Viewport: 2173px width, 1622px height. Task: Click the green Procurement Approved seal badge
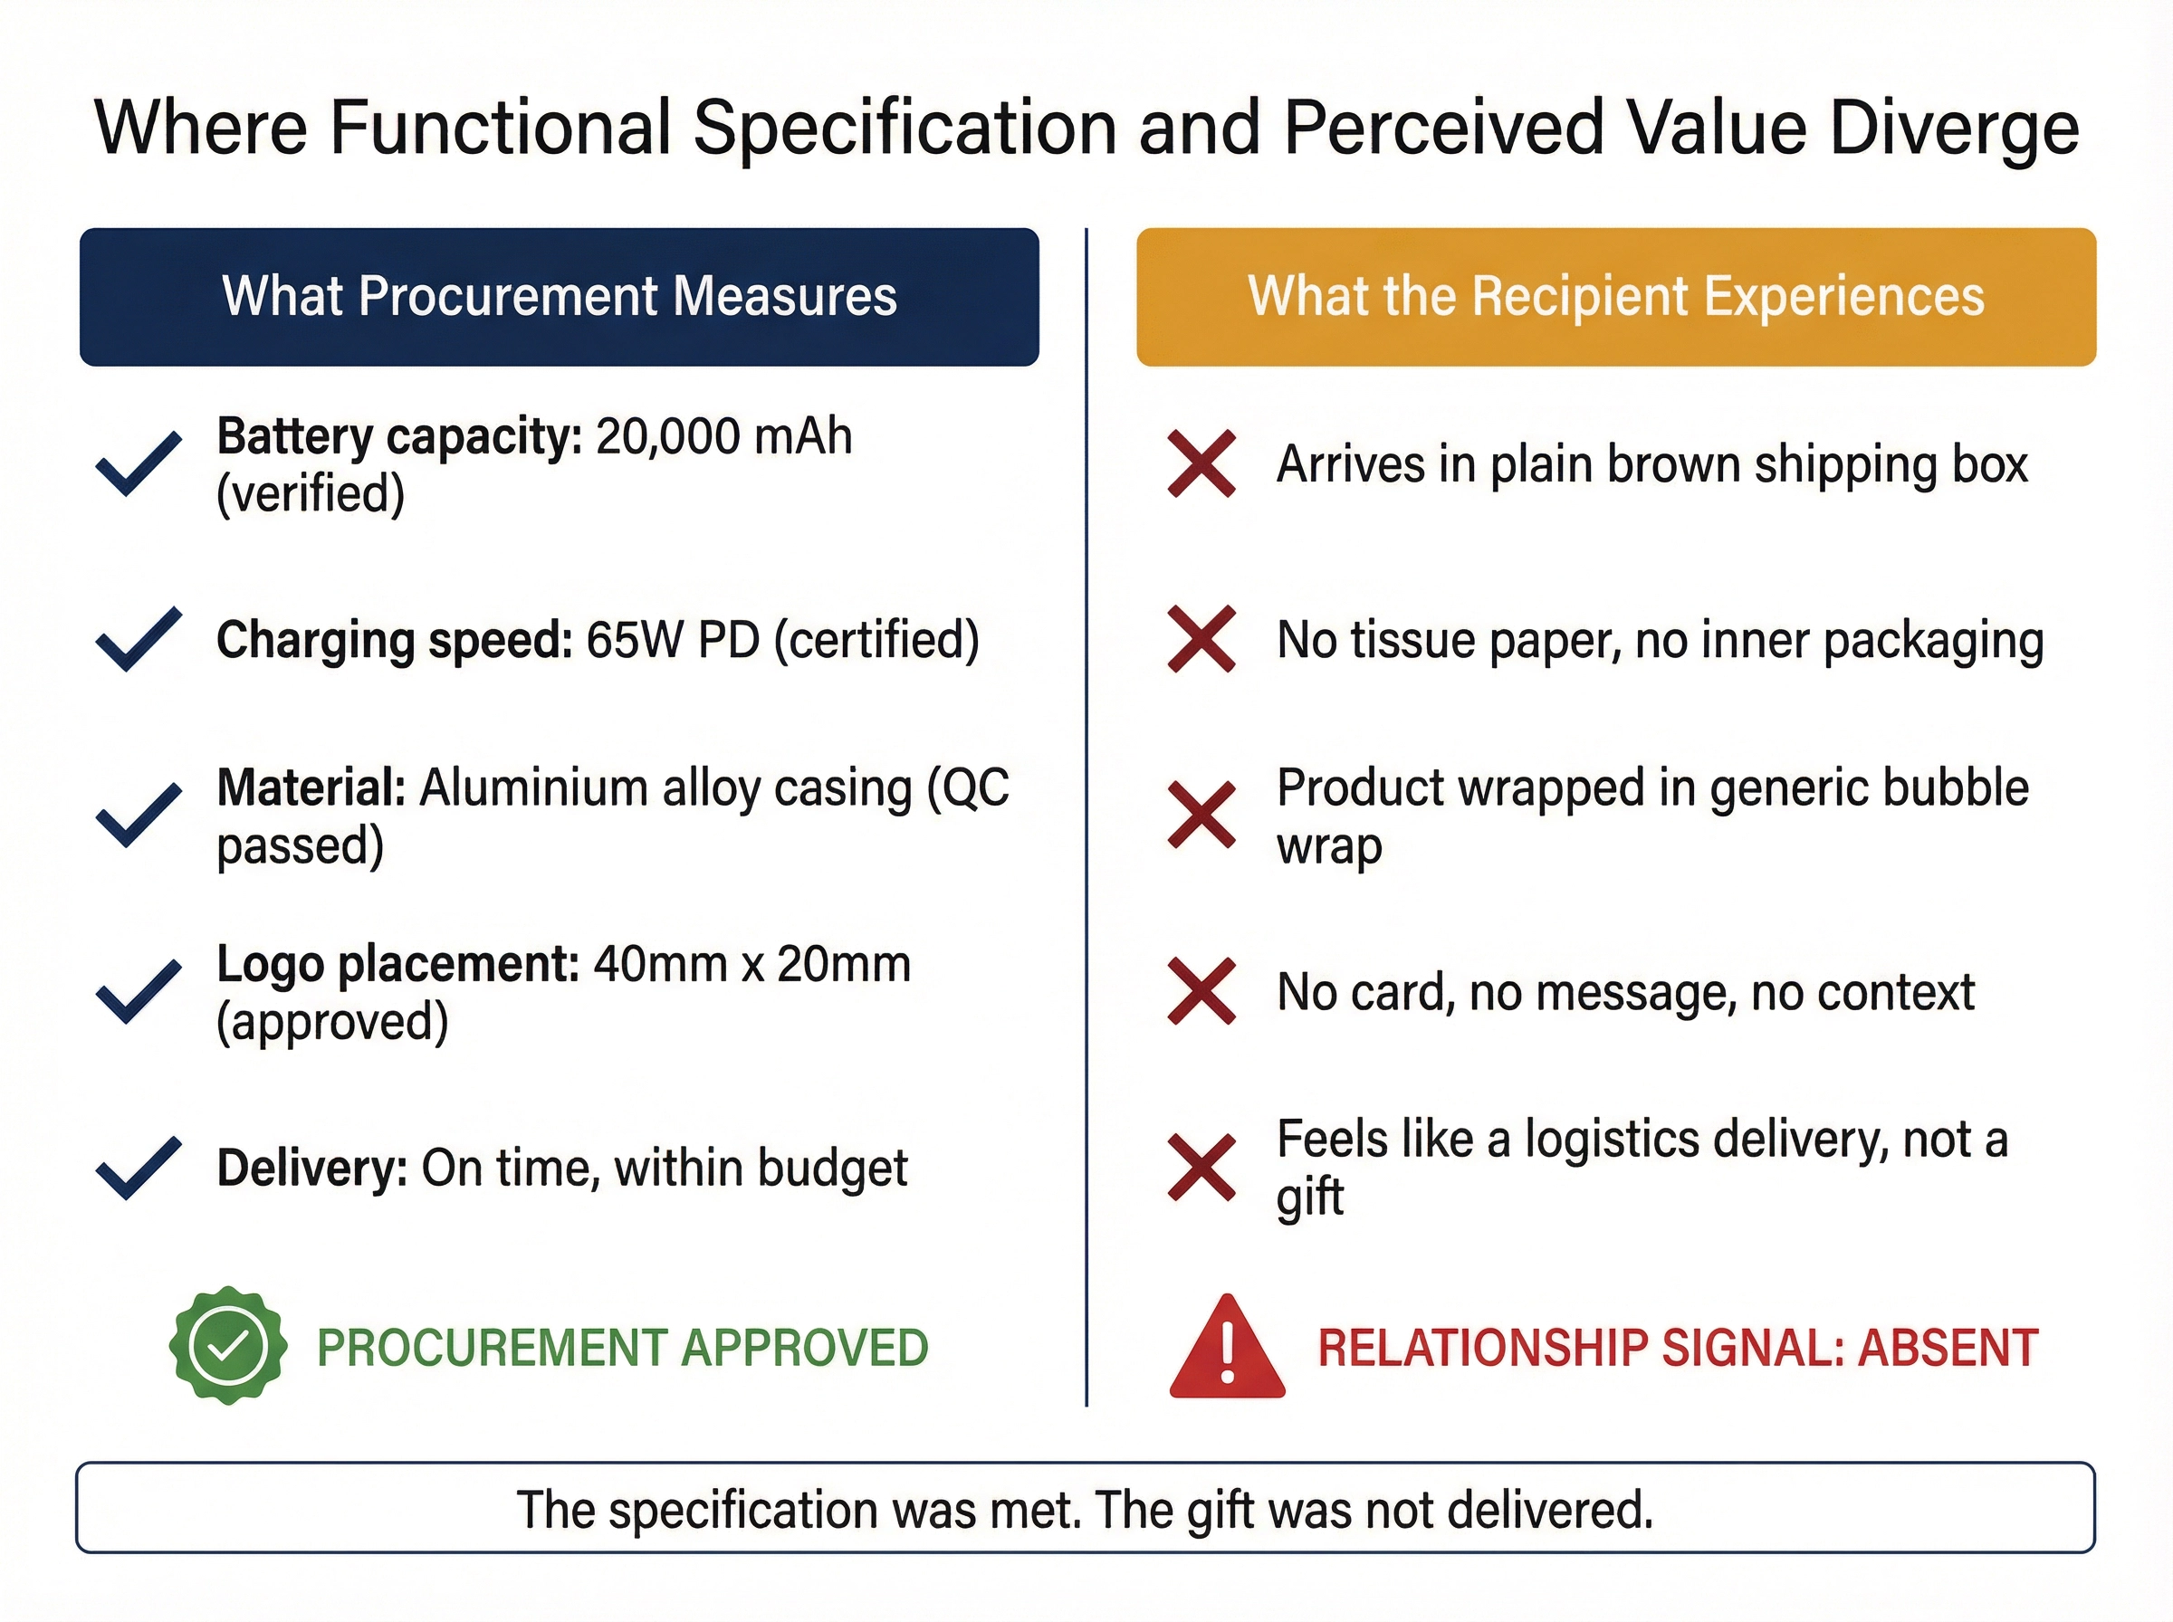coord(228,1345)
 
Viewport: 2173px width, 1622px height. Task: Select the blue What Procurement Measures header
coord(559,297)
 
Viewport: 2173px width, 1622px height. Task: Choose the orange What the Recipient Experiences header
coord(1615,297)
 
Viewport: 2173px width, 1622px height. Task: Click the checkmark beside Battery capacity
coord(139,463)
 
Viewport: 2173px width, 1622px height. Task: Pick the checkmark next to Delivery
coord(139,1168)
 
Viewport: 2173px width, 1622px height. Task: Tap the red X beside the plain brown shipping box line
coord(1201,463)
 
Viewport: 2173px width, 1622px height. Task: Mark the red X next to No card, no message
coord(1201,992)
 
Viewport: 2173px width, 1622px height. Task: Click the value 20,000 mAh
coord(723,436)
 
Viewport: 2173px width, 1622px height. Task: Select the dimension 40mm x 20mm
coord(752,964)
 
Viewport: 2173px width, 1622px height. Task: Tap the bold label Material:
coord(311,788)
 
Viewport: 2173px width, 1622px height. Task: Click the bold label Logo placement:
coord(397,964)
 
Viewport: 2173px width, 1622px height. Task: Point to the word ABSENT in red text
coord(1948,1347)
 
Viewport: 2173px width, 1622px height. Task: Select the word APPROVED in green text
coord(804,1347)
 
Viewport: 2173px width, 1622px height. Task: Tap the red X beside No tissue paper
coord(1201,639)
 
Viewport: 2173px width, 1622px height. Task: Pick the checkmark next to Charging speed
coord(139,639)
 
